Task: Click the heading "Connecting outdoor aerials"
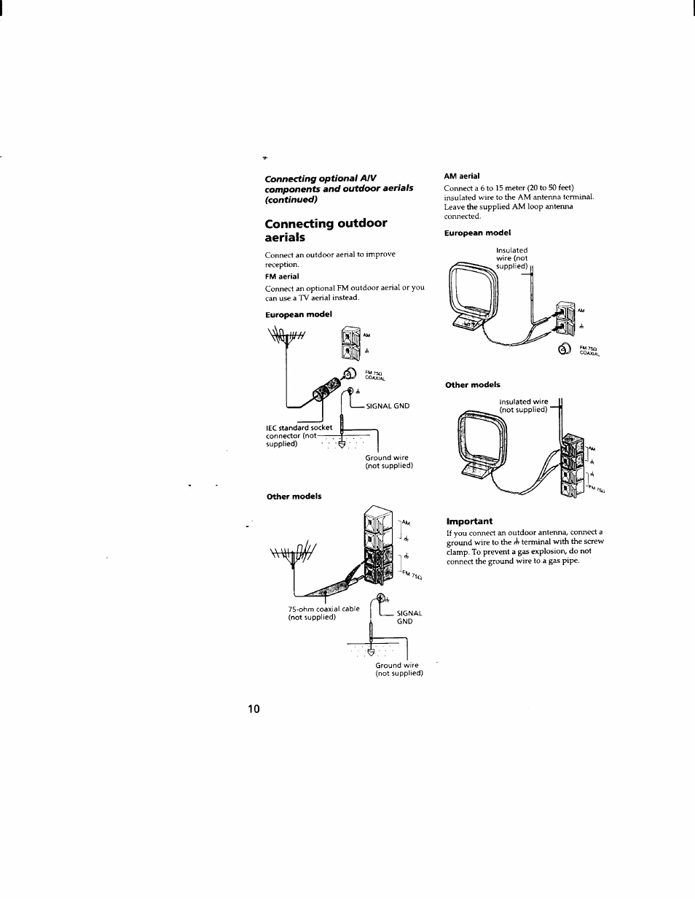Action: (326, 230)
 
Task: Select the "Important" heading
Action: (469, 521)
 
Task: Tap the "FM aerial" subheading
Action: (282, 276)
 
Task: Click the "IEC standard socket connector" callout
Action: (299, 435)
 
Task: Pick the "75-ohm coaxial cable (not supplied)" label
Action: (323, 612)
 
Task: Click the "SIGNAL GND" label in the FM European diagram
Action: (388, 406)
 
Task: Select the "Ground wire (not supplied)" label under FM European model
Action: (389, 462)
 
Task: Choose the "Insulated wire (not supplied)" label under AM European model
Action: (511, 258)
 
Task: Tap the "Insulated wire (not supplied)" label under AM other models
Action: (523, 405)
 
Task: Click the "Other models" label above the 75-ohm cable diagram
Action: (294, 497)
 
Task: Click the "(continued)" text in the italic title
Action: (291, 199)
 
